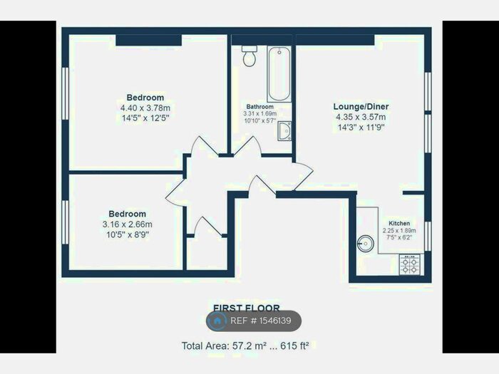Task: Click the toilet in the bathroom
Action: click(x=249, y=56)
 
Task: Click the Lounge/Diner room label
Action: click(x=361, y=107)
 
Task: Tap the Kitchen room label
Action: click(x=400, y=222)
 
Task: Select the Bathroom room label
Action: click(x=259, y=106)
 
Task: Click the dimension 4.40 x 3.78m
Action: click(x=145, y=107)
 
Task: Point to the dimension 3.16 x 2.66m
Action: click(x=128, y=224)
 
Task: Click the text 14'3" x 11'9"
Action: click(x=361, y=127)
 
